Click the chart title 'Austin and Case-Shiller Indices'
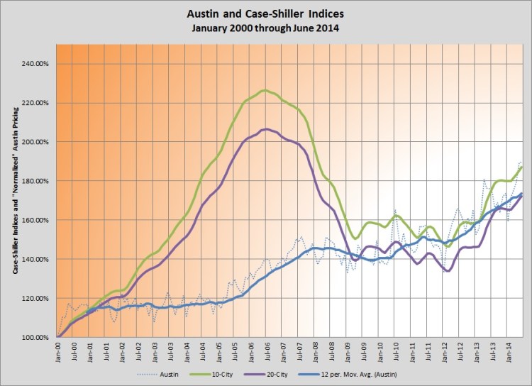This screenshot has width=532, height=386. click(266, 13)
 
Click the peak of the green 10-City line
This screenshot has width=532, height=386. click(264, 90)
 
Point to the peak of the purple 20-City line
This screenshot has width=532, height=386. click(264, 129)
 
